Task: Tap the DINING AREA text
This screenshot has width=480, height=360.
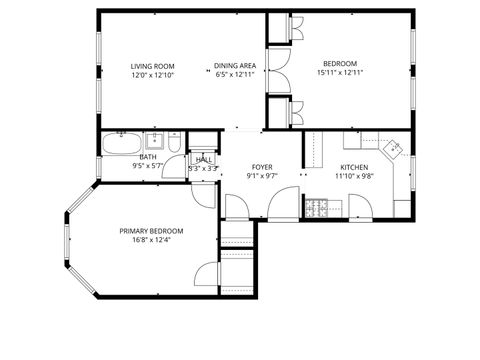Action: click(235, 66)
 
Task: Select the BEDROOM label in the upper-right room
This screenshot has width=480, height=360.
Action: click(338, 62)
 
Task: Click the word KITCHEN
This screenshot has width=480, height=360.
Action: click(355, 167)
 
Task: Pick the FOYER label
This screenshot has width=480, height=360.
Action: click(262, 167)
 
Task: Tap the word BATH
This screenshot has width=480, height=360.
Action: click(148, 157)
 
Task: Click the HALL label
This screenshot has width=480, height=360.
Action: click(203, 160)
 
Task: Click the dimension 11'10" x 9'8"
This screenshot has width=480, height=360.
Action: click(355, 176)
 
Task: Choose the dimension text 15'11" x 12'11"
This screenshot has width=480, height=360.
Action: click(338, 72)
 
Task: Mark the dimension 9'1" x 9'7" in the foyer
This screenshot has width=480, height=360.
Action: click(262, 176)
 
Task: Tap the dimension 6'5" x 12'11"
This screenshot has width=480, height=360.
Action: click(235, 75)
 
